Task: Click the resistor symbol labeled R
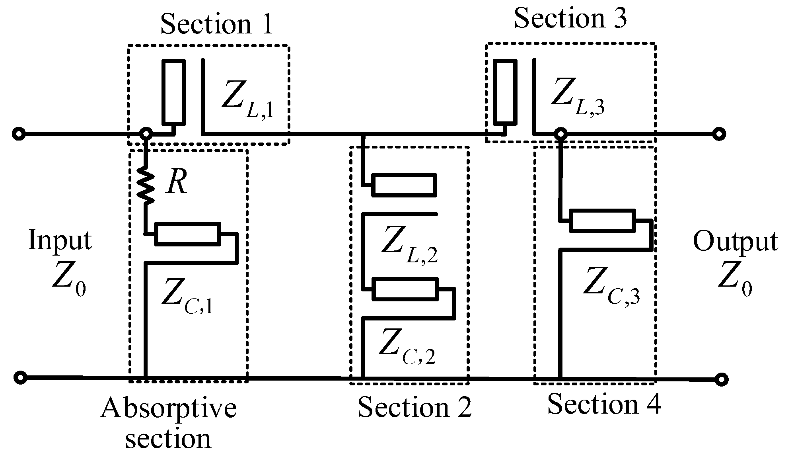(146, 186)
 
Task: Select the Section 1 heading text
(216, 23)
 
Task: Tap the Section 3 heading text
(570, 18)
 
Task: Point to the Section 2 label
(414, 407)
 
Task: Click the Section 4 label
(604, 404)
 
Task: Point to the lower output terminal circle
(721, 379)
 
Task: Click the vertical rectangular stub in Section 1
(173, 92)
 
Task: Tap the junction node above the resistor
(146, 133)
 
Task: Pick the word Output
(735, 242)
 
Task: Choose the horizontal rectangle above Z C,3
(602, 220)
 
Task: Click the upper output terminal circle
(719, 134)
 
